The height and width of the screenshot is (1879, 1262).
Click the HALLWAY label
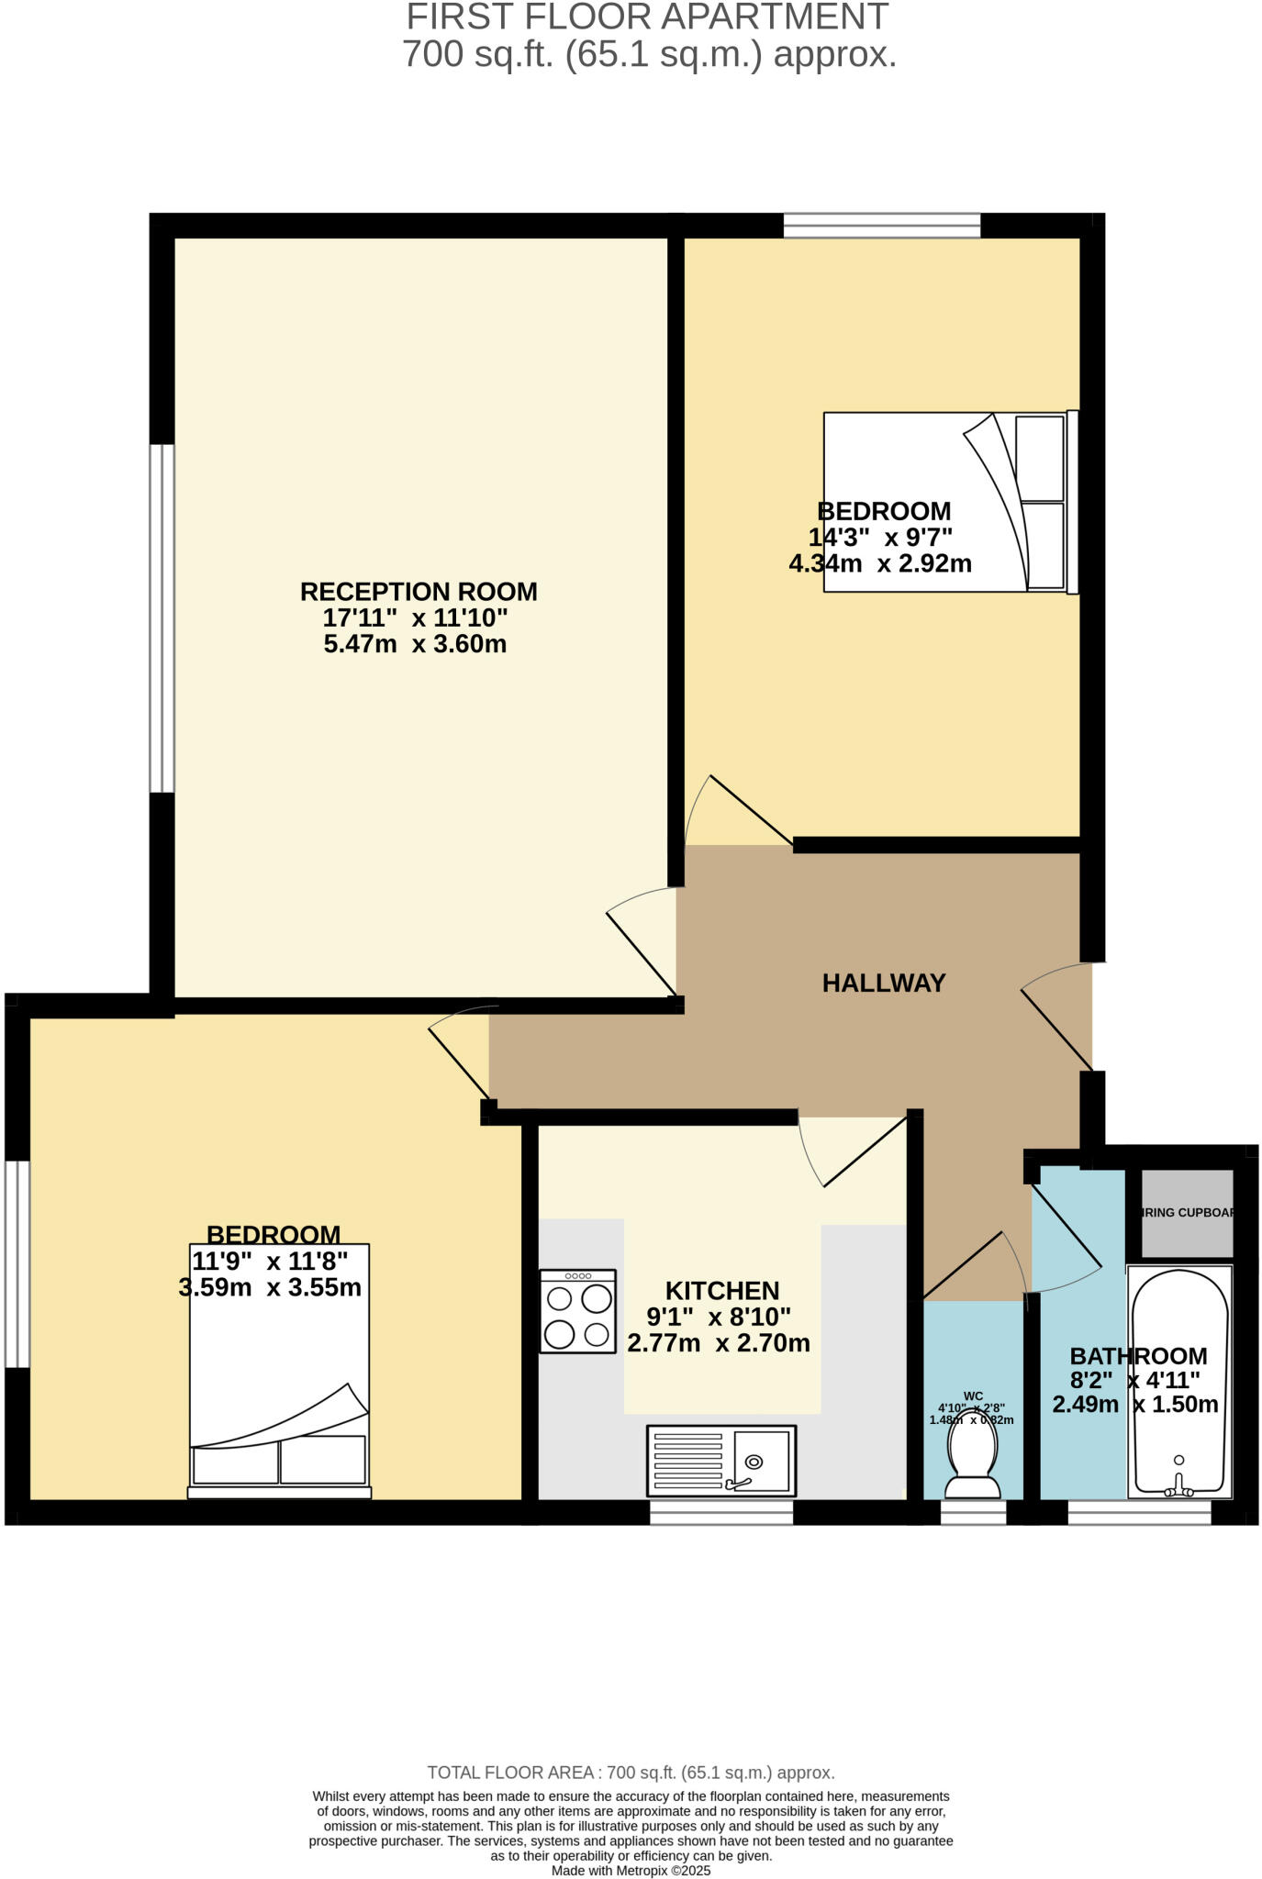point(883,984)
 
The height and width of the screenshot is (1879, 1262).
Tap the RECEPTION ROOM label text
point(419,592)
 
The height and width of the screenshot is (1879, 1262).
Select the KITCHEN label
point(722,1291)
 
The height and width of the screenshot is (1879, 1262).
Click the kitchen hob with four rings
point(577,1311)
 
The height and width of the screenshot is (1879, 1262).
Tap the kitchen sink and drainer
point(721,1461)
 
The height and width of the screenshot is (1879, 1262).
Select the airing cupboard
point(1187,1213)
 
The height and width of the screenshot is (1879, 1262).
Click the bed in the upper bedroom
point(950,502)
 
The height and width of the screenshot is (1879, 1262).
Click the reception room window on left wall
point(162,618)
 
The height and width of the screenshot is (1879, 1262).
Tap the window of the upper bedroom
point(881,225)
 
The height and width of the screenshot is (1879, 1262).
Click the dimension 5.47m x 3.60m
point(415,644)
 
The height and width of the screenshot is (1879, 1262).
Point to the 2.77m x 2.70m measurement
point(719,1344)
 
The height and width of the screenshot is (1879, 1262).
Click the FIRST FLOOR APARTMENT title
point(647,17)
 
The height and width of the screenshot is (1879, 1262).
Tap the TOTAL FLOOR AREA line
point(631,1773)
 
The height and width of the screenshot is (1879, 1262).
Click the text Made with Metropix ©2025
point(631,1870)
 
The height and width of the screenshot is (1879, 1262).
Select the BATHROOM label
point(1138,1356)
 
